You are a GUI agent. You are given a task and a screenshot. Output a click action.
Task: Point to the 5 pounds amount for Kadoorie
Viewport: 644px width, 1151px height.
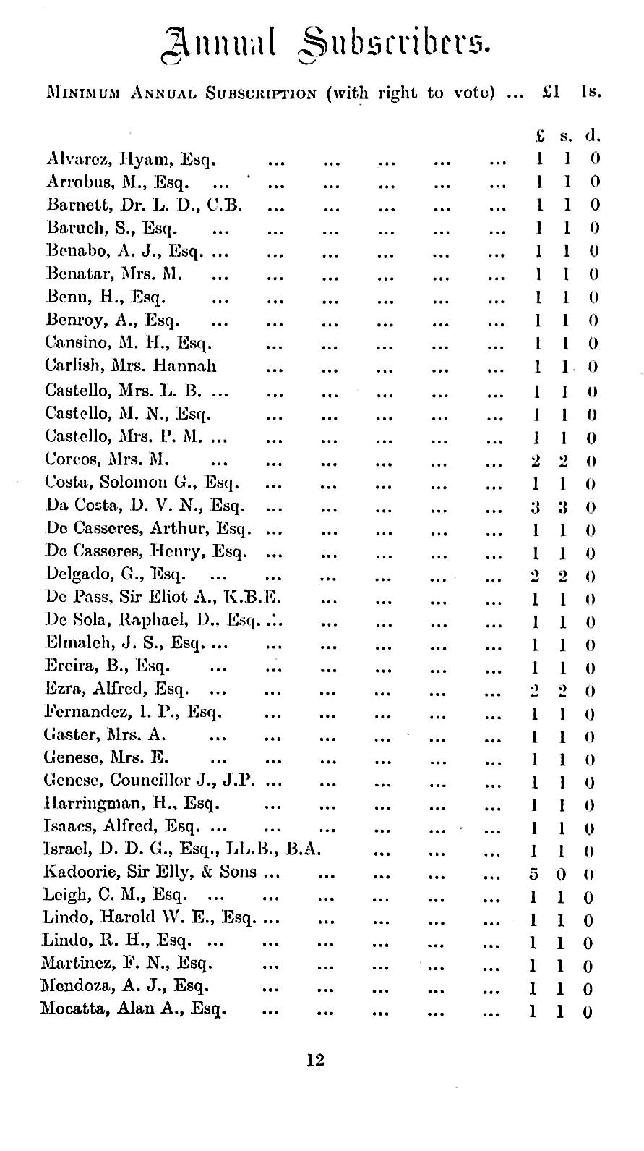533,873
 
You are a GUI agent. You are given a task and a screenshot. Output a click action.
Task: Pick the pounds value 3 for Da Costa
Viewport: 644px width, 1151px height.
535,506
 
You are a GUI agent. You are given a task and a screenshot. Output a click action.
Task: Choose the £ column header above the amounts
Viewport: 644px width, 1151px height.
539,135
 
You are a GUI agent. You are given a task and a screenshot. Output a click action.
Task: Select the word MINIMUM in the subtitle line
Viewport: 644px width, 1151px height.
77,93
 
